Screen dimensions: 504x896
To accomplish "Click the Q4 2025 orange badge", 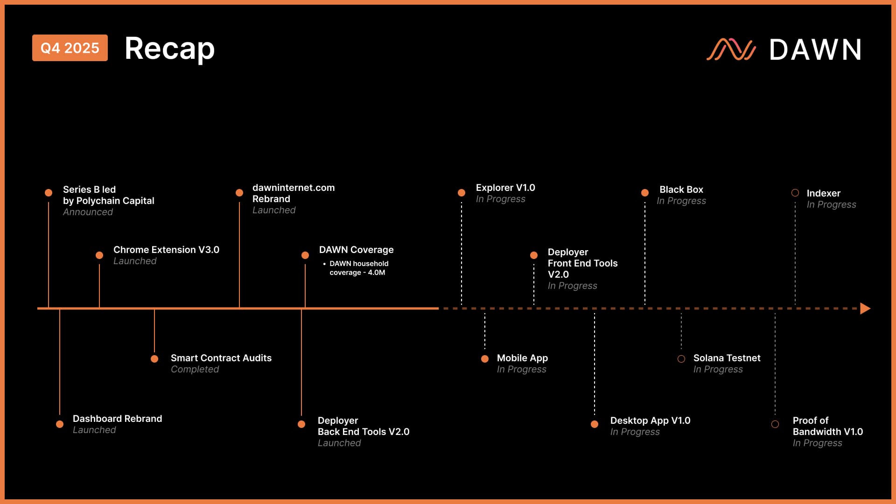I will pyautogui.click(x=70, y=48).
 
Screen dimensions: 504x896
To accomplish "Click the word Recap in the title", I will pyautogui.click(x=169, y=49).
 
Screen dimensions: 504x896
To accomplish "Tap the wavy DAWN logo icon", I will pyautogui.click(x=731, y=49).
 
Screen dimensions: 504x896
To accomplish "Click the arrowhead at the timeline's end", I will pyautogui.click(x=865, y=308).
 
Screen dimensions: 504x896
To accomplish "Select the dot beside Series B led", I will pyautogui.click(x=49, y=193).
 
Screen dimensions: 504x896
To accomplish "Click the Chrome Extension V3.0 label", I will pyautogui.click(x=166, y=250).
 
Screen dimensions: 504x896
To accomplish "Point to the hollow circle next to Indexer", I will pyautogui.click(x=795, y=193).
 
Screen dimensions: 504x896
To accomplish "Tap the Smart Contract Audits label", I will pyautogui.click(x=221, y=358).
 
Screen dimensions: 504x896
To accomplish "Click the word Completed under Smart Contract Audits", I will pyautogui.click(x=195, y=369).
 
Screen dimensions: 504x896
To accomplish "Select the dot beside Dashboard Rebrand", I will pyautogui.click(x=60, y=424).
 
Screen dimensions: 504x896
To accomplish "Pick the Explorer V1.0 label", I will pyautogui.click(x=505, y=188).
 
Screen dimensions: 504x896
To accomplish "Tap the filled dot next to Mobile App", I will pyautogui.click(x=485, y=359).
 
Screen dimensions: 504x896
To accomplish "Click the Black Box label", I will pyautogui.click(x=681, y=189).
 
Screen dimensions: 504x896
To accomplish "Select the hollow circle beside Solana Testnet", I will pyautogui.click(x=681, y=359).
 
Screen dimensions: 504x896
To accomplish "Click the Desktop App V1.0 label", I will pyautogui.click(x=650, y=420).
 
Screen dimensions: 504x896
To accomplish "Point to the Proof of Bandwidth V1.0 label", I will pyautogui.click(x=827, y=426).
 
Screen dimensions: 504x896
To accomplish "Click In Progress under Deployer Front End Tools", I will pyautogui.click(x=572, y=286).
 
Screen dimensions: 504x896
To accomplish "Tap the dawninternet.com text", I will pyautogui.click(x=294, y=188).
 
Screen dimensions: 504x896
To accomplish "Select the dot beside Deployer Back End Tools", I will pyautogui.click(x=301, y=424).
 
